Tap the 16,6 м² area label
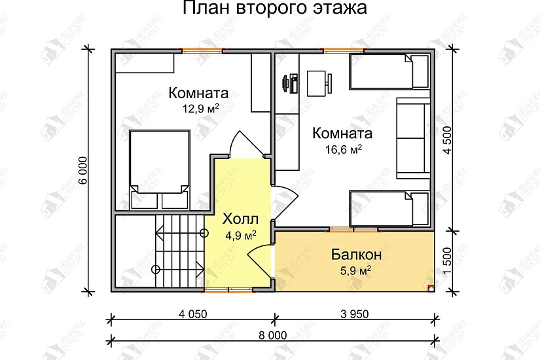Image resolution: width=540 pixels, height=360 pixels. [x=344, y=150]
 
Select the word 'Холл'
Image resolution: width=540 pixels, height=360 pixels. [x=240, y=218]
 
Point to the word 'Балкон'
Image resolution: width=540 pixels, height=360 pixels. [x=355, y=254]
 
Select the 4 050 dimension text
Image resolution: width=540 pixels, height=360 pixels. [x=192, y=314]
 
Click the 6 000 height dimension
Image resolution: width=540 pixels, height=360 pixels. [x=82, y=172]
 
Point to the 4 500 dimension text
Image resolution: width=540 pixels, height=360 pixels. [x=448, y=139]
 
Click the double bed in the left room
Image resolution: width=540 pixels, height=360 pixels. [x=160, y=168]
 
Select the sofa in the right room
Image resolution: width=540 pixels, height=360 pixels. [x=412, y=138]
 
